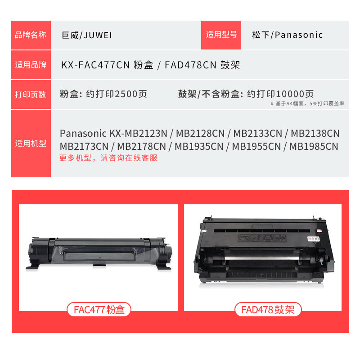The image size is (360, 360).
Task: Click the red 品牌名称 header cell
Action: [x=31, y=35]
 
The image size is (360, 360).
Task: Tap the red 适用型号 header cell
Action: [x=221, y=35]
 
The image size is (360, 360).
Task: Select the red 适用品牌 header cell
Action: [x=31, y=65]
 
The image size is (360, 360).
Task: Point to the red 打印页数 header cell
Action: [x=31, y=94]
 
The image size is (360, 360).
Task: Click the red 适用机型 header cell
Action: [x=31, y=144]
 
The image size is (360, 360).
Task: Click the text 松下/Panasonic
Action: [x=287, y=35]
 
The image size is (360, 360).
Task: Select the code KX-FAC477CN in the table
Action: [x=95, y=65]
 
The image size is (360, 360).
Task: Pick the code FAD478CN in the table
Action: [x=191, y=65]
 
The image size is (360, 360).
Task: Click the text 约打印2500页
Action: [x=122, y=94]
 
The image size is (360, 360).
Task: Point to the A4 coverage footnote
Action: [x=308, y=103]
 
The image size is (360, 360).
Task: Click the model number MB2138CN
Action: [x=315, y=134]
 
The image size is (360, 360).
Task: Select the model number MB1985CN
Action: [x=314, y=146]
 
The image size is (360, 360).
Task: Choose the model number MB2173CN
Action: [x=84, y=146]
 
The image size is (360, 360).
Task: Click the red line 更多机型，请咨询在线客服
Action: [x=108, y=158]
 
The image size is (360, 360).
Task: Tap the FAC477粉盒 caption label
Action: [x=99, y=309]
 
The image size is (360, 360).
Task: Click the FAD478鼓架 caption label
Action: [x=268, y=309]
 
